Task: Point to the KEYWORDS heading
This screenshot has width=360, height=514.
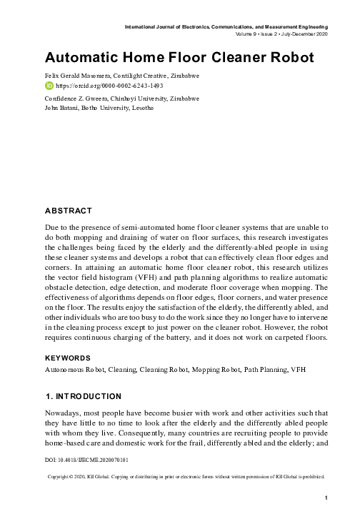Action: point(68,357)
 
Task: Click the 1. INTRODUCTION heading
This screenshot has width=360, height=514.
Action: point(83,395)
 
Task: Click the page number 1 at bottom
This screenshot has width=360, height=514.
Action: point(325,497)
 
